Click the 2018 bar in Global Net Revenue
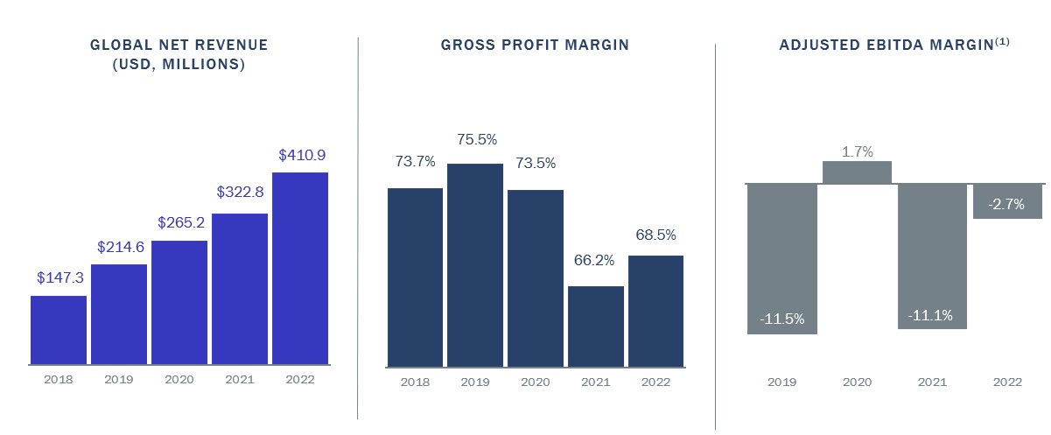[59, 330]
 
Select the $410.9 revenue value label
[302, 155]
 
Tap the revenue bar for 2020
[179, 302]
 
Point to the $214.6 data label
[119, 247]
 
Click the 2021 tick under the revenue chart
[240, 380]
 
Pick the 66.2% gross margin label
[595, 260]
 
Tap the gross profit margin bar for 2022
[655, 311]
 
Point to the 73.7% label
[415, 161]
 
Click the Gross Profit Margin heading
[535, 45]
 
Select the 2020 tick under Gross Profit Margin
[535, 382]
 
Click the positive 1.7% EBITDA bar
[857, 172]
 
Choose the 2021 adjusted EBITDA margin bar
[933, 256]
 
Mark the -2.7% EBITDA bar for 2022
[1008, 201]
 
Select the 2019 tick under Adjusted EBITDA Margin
[781, 382]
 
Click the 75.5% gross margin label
[475, 139]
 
